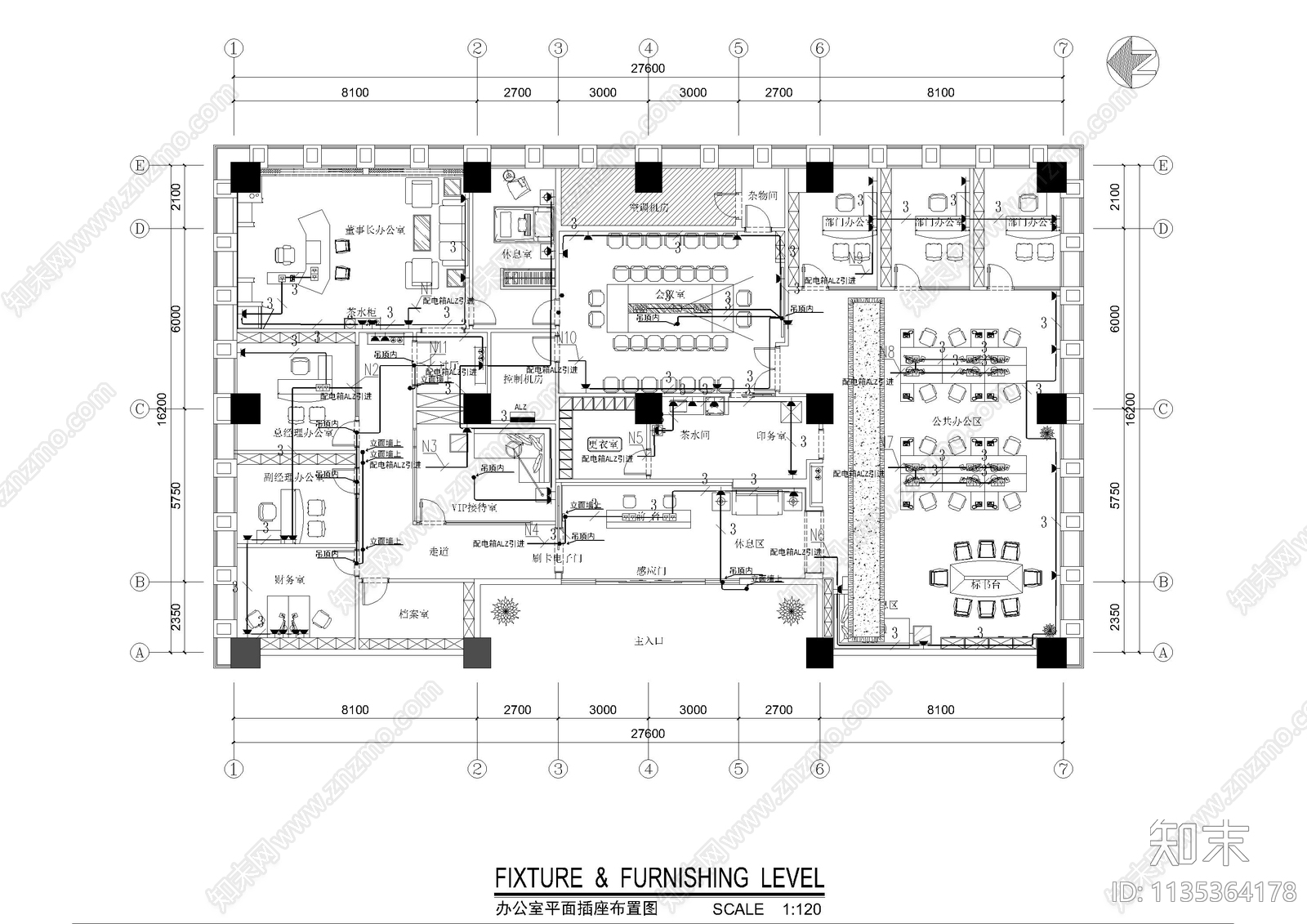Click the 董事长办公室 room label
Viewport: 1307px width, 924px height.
[x=375, y=230]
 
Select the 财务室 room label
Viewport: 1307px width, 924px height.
[x=288, y=580]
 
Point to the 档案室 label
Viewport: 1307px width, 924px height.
[x=414, y=614]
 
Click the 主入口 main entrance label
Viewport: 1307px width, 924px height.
[x=649, y=642]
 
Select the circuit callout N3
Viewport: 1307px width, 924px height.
[x=430, y=445]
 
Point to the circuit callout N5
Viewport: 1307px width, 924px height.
[x=636, y=438]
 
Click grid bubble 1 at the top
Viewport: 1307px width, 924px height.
[x=234, y=48]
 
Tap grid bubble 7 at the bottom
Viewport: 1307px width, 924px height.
[x=1063, y=769]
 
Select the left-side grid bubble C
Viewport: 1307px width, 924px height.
[x=140, y=409]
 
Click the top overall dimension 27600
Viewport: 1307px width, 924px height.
[x=648, y=69]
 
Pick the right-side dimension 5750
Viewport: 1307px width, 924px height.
[x=1115, y=496]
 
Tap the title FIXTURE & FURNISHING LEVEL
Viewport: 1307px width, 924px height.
[x=659, y=878]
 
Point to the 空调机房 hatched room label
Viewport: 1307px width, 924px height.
[x=649, y=208]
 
